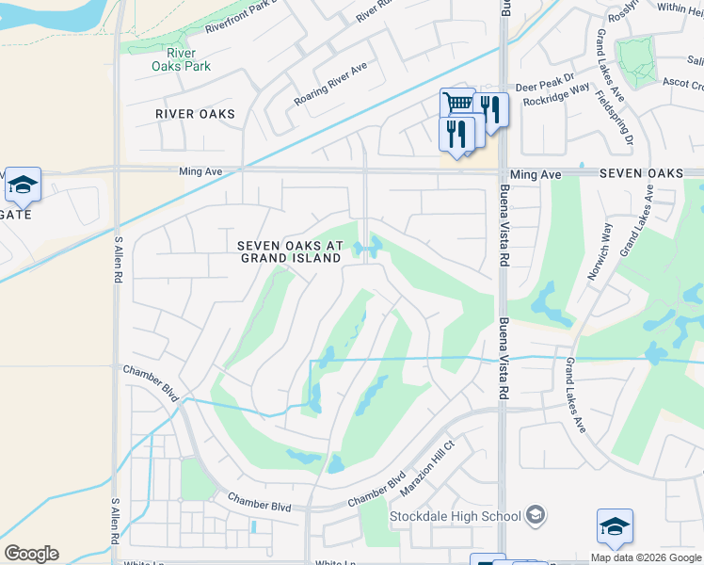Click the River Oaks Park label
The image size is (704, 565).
[x=181, y=59]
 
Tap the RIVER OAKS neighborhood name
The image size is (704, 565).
[x=196, y=114]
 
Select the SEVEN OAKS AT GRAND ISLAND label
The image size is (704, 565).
[x=289, y=251]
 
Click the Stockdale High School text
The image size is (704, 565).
[x=456, y=516]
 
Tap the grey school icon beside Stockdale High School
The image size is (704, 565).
[x=536, y=515]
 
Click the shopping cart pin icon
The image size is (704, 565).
[x=457, y=104]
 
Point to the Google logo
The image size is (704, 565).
[x=31, y=554]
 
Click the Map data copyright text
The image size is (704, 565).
[x=646, y=557]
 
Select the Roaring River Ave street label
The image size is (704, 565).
[x=328, y=85]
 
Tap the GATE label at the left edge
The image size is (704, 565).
[x=16, y=215]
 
